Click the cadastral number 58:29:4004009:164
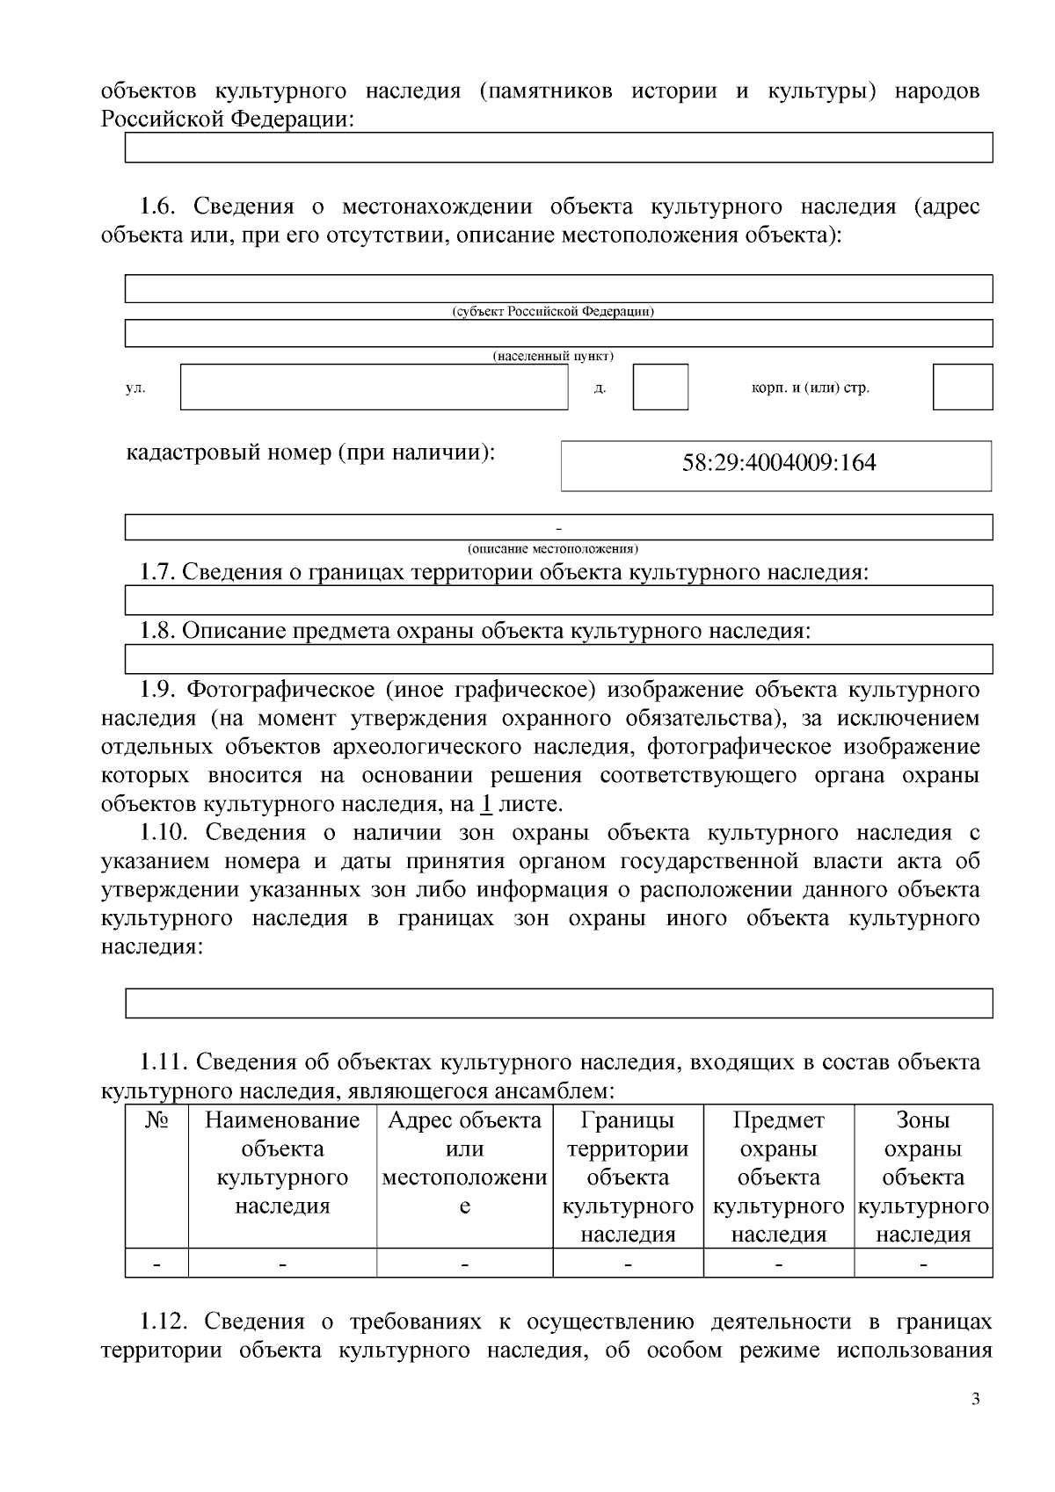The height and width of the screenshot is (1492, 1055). coord(779,463)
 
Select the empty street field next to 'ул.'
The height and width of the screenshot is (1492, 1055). coord(375,387)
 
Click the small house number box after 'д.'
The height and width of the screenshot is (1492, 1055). coord(660,387)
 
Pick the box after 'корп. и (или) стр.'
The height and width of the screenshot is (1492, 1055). coord(963,387)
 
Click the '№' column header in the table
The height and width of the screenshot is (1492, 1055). coord(156,1120)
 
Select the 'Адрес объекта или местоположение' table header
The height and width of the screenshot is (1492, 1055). coord(464,1162)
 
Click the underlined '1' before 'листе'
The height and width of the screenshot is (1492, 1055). coord(486,804)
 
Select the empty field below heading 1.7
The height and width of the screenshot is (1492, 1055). coord(558,601)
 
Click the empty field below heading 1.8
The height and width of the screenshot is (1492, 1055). coord(558,659)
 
